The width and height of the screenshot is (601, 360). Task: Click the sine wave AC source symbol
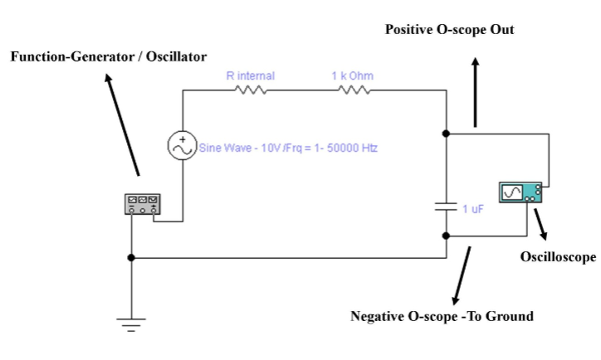[x=182, y=146]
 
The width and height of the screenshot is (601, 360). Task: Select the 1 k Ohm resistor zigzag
[x=352, y=91]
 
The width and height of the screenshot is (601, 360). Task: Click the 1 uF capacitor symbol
[x=446, y=206]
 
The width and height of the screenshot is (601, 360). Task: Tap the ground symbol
[x=131, y=322]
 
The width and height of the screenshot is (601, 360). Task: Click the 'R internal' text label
[x=251, y=76]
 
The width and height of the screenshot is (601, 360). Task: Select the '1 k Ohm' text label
[x=353, y=76]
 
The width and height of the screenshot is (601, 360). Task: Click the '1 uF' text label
[x=474, y=207]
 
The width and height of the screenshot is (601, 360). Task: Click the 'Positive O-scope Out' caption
[x=450, y=30]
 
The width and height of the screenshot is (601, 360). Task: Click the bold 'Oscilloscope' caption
[x=558, y=257]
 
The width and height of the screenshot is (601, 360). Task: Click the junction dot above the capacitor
[x=446, y=133]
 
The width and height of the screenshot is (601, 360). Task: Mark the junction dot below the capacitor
[x=446, y=236]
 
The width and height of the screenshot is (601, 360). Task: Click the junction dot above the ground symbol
[x=131, y=258]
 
